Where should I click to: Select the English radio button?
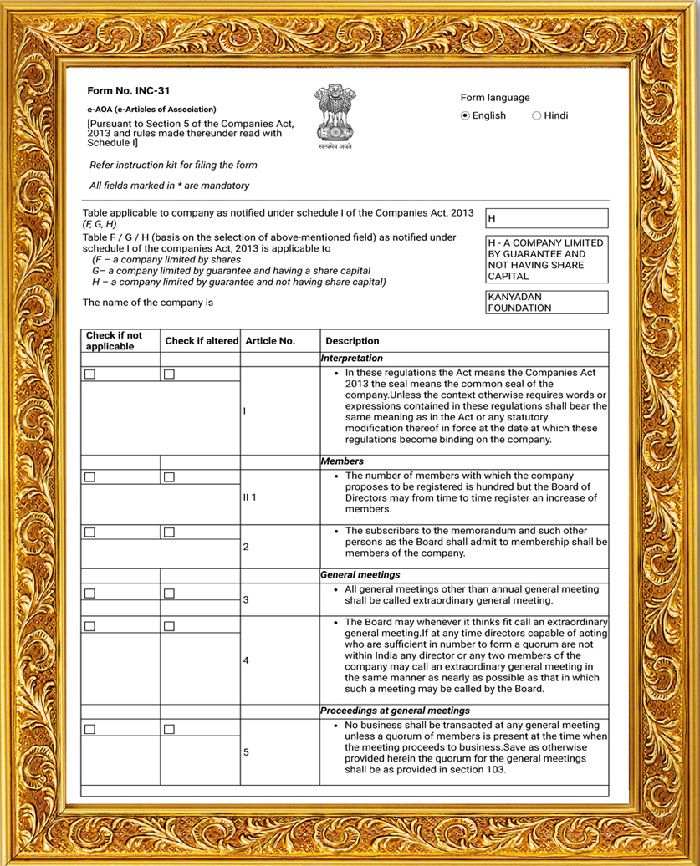tap(466, 116)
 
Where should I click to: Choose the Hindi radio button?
tap(537, 116)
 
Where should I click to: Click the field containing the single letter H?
tap(547, 218)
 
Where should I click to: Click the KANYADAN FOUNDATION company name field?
tap(547, 302)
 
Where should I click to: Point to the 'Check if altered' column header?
tap(202, 341)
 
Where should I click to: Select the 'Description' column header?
tap(352, 341)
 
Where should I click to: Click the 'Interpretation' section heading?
tap(352, 359)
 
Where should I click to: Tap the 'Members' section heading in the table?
tap(342, 461)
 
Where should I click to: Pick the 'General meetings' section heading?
tap(360, 575)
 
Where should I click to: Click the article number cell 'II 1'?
tap(249, 497)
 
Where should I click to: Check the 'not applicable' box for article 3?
tap(90, 593)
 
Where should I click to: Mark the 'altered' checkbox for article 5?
tap(169, 730)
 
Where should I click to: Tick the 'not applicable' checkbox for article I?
tap(90, 374)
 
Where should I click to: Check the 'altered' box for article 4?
tap(169, 626)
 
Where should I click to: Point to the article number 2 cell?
tap(246, 548)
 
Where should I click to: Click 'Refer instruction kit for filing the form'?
tap(173, 166)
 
